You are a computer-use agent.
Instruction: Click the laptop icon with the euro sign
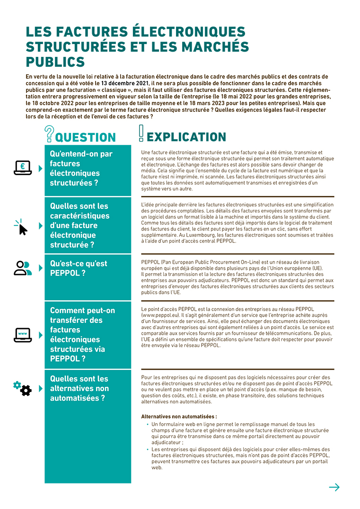[x=22, y=168]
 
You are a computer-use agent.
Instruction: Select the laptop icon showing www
[x=22, y=335]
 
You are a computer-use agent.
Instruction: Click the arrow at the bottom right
[x=334, y=487]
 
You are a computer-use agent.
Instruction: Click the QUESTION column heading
[x=85, y=138]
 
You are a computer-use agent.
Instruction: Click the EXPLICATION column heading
[x=186, y=137]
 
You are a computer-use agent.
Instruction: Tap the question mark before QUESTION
[x=49, y=134]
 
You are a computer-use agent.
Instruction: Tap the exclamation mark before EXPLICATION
[x=141, y=134]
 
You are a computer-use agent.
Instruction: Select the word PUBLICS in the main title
[x=55, y=62]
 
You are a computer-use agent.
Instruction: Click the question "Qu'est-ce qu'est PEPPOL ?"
[x=79, y=268]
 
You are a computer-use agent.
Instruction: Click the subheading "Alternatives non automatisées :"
[x=179, y=417]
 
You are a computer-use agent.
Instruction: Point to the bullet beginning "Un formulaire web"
[x=147, y=424]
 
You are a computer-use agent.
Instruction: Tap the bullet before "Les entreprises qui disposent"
[x=147, y=449]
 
